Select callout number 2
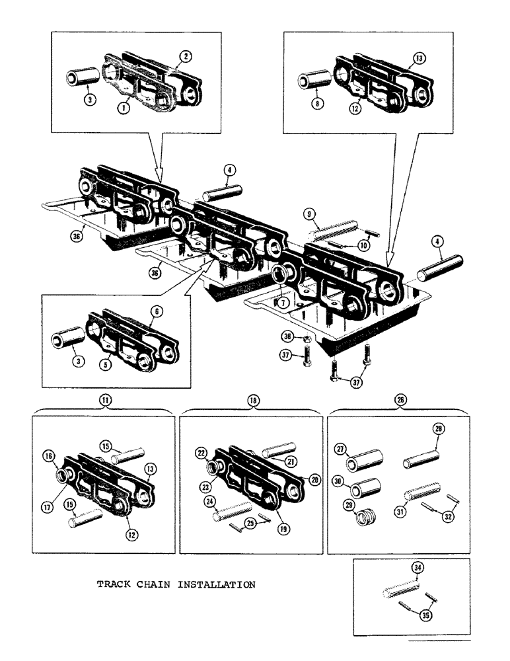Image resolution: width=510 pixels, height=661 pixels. [x=187, y=58]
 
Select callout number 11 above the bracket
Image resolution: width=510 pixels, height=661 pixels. [x=103, y=400]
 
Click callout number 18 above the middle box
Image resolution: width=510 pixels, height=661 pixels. [x=252, y=400]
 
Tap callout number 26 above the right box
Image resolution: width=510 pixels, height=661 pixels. [x=399, y=400]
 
